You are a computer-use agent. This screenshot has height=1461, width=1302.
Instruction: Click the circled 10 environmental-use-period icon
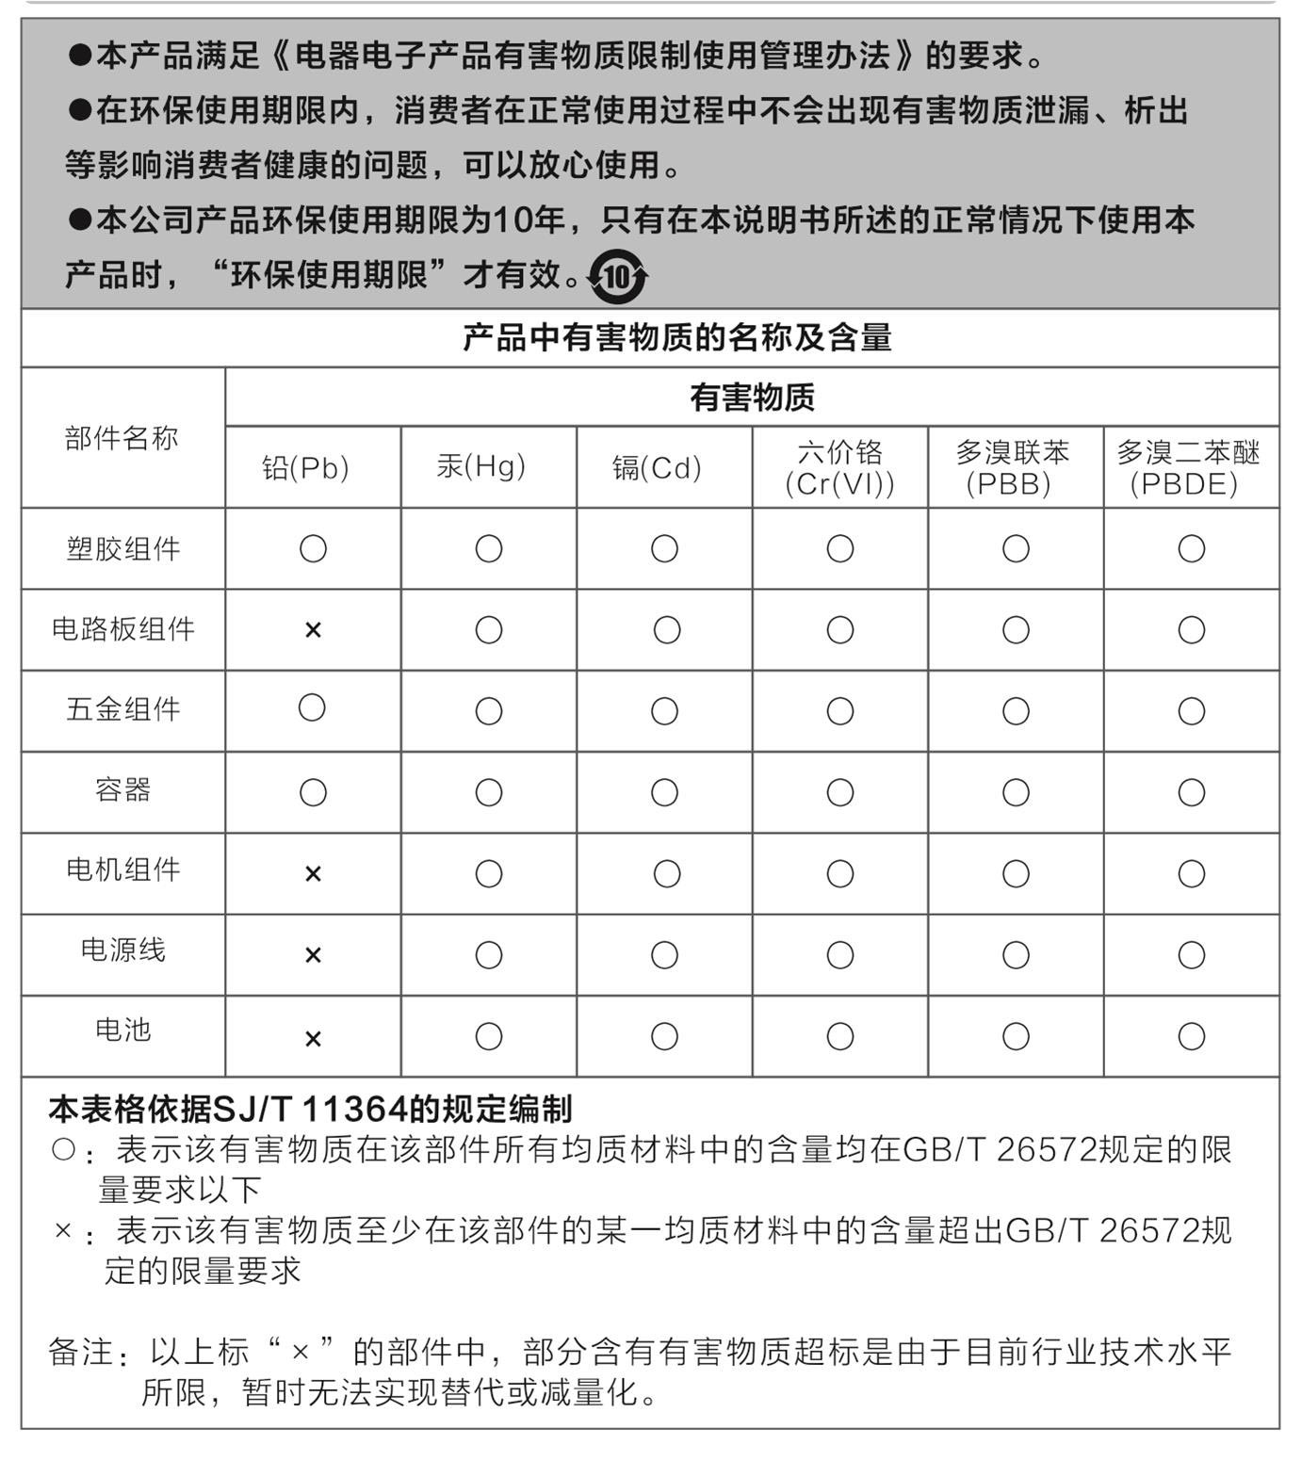617,276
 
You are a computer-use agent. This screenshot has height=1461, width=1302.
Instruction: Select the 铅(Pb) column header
305,468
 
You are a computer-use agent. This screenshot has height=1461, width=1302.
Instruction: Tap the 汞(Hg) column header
481,466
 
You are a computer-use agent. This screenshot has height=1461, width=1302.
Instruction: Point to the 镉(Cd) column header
657,468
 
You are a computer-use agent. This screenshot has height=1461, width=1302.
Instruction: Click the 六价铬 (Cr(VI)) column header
839,468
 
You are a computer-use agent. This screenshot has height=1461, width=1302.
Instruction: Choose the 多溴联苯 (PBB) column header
1013,468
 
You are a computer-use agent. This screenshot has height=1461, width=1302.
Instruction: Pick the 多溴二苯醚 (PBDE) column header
1188,468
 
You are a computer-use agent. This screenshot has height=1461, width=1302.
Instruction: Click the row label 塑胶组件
123,549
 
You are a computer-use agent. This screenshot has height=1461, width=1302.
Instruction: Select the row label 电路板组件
123,629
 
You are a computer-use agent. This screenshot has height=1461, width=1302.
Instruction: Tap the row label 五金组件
123,710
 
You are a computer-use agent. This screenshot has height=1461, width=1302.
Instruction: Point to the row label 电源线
123,950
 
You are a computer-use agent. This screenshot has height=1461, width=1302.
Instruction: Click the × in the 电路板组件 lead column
313,630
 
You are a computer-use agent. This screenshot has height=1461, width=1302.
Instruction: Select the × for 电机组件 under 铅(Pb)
313,874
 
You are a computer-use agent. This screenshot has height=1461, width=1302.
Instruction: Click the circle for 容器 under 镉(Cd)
664,793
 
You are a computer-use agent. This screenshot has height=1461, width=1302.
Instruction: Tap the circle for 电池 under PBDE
1192,1037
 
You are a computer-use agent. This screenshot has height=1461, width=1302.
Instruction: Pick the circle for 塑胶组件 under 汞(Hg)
488,549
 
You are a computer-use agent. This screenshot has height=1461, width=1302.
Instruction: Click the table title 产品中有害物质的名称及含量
676,338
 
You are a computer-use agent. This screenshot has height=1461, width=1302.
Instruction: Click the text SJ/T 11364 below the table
312,1110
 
